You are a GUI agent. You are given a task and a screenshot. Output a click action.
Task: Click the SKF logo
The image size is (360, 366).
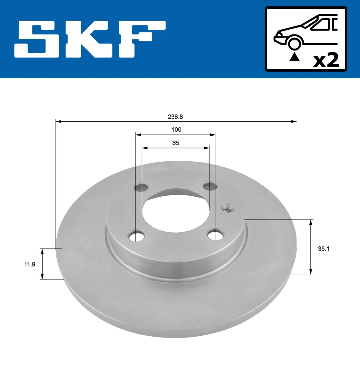coord(90,39)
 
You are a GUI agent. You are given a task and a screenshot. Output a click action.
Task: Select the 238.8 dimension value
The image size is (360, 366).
coord(175,117)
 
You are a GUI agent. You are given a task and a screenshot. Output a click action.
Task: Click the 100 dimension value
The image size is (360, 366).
coord(176,129)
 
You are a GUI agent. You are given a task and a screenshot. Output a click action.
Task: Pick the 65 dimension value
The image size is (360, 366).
coord(176,143)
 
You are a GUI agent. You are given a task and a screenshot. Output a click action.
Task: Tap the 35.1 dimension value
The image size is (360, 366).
coord(323,249)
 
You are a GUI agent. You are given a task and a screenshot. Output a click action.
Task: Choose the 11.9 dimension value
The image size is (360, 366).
coord(30,264)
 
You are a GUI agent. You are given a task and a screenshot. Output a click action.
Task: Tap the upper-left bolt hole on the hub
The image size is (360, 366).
coord(141,188)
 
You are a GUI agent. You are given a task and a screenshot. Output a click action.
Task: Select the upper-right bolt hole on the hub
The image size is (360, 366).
coord(210,186)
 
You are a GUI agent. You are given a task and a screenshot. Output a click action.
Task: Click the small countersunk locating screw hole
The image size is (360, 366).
coord(227,207)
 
